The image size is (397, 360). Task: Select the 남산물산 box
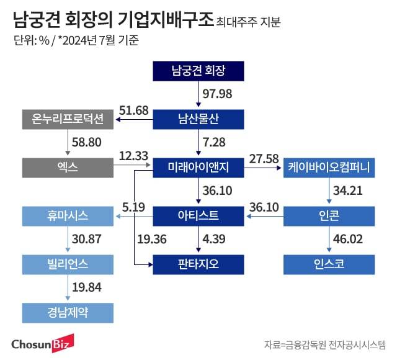[x=198, y=119]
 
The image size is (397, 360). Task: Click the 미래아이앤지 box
[x=198, y=167]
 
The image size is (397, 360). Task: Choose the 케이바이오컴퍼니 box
[x=329, y=167]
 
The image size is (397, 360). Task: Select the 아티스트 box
[x=198, y=216]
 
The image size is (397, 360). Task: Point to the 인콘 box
[x=329, y=216]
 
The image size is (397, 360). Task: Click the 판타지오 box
[x=198, y=264]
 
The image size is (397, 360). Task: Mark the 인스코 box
[x=329, y=264]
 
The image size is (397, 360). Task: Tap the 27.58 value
[x=263, y=159]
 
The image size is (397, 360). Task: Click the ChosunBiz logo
[x=43, y=342]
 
